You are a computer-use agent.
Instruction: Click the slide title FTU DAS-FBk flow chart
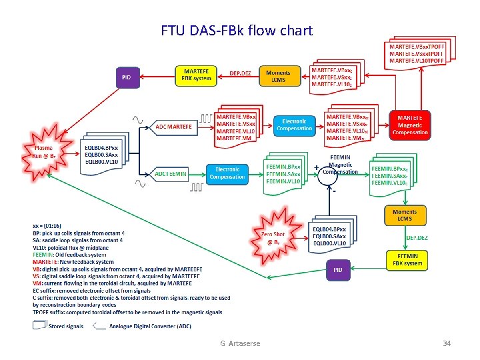coord(236,31)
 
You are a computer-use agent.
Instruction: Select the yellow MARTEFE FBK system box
coord(196,75)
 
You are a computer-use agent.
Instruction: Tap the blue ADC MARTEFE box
coord(174,126)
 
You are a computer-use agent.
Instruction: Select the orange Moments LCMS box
coord(405,215)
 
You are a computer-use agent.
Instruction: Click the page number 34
coord(447,343)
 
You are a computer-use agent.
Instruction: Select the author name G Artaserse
coord(240,343)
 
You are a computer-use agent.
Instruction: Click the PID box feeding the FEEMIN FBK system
coord(339,269)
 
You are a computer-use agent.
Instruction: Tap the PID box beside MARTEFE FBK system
coord(127,77)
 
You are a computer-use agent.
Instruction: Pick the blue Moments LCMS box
coord(278,75)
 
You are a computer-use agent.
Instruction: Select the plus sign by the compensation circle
coord(315,167)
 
